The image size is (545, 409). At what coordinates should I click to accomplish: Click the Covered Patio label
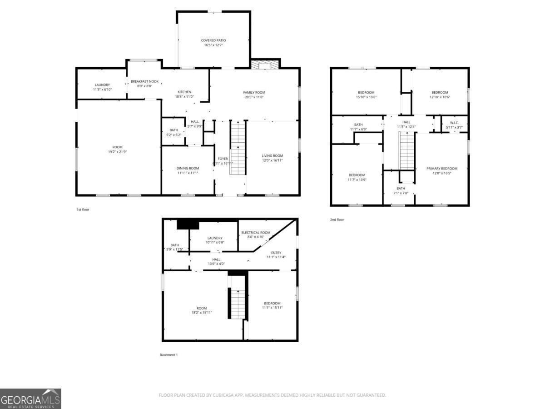(x=213, y=40)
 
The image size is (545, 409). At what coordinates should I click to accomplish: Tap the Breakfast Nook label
(x=144, y=81)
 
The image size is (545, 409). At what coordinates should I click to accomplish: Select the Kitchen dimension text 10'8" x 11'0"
(x=184, y=96)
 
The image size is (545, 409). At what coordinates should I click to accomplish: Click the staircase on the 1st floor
(x=238, y=148)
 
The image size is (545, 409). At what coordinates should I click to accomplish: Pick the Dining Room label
(x=188, y=168)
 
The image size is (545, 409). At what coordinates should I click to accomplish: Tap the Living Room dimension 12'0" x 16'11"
(x=272, y=160)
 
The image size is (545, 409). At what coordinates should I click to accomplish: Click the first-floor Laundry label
(x=102, y=85)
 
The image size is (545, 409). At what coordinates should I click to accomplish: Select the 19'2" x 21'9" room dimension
(x=117, y=152)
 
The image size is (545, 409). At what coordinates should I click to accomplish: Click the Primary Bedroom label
(x=442, y=168)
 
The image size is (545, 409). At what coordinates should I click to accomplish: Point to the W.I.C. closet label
(x=454, y=123)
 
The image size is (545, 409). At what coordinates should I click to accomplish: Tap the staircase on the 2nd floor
(x=407, y=150)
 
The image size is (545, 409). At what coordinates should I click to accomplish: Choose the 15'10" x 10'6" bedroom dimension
(x=366, y=97)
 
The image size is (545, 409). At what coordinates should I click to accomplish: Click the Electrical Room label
(x=256, y=232)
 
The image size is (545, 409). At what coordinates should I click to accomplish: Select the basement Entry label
(x=276, y=253)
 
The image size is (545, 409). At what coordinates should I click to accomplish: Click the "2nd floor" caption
(x=337, y=220)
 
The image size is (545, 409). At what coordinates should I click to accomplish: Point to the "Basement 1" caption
(x=168, y=355)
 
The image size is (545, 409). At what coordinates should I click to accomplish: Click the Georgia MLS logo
(x=30, y=399)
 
